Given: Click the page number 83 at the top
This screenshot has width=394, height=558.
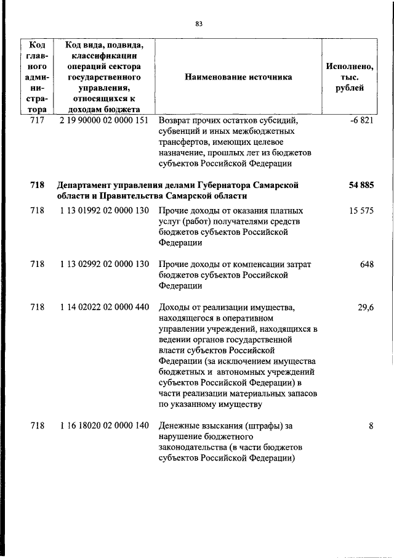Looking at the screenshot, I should pyautogui.click(x=199, y=24).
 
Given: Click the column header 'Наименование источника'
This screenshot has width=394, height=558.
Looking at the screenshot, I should pyautogui.click(x=238, y=77).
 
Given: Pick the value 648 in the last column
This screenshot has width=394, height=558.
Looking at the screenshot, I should pyautogui.click(x=367, y=264).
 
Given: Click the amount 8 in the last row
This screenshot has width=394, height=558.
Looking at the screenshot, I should pyautogui.click(x=371, y=425).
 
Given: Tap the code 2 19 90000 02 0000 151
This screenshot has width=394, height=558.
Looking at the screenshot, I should pyautogui.click(x=104, y=120).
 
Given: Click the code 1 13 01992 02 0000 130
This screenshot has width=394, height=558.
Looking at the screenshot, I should pyautogui.click(x=104, y=211).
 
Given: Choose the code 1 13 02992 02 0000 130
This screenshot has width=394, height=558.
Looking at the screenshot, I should pyautogui.click(x=104, y=264).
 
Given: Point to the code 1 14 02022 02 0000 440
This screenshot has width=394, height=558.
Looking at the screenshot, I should pyautogui.click(x=104, y=307).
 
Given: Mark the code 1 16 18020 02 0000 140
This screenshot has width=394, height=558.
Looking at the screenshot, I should pyautogui.click(x=104, y=425).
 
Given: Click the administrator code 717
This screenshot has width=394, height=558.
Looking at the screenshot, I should pyautogui.click(x=37, y=120).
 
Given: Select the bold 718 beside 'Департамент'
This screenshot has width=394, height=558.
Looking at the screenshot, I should pyautogui.click(x=37, y=185).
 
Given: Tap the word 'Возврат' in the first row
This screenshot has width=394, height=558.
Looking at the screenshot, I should pyautogui.click(x=175, y=120).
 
